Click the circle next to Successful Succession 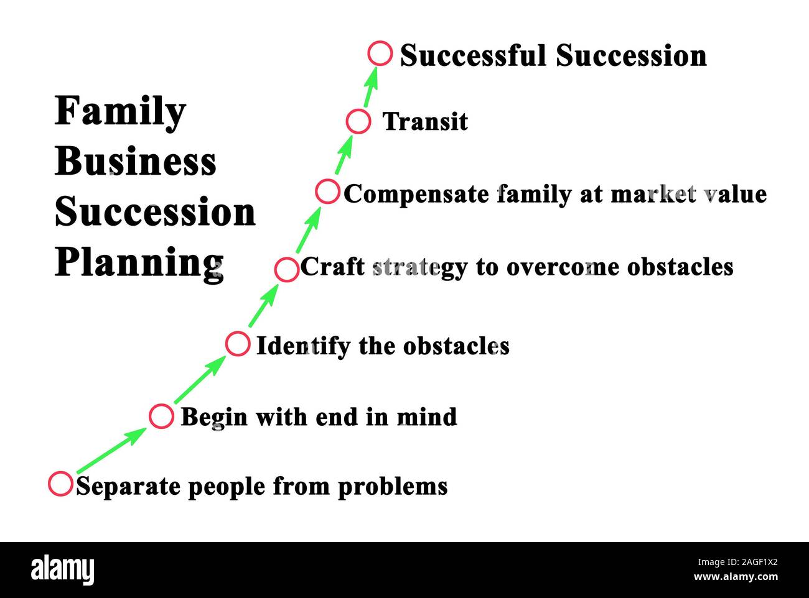click(x=380, y=53)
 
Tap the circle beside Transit click(x=358, y=121)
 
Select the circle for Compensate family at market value click(x=327, y=191)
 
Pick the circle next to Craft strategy click(x=286, y=270)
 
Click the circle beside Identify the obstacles click(x=237, y=343)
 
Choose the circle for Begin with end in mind click(x=161, y=416)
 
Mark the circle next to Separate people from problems click(x=60, y=484)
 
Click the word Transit click(x=425, y=122)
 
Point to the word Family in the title click(x=120, y=113)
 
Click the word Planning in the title click(x=139, y=263)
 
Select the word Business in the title click(x=136, y=162)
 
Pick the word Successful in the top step click(x=472, y=56)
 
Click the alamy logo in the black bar click(x=62, y=570)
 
